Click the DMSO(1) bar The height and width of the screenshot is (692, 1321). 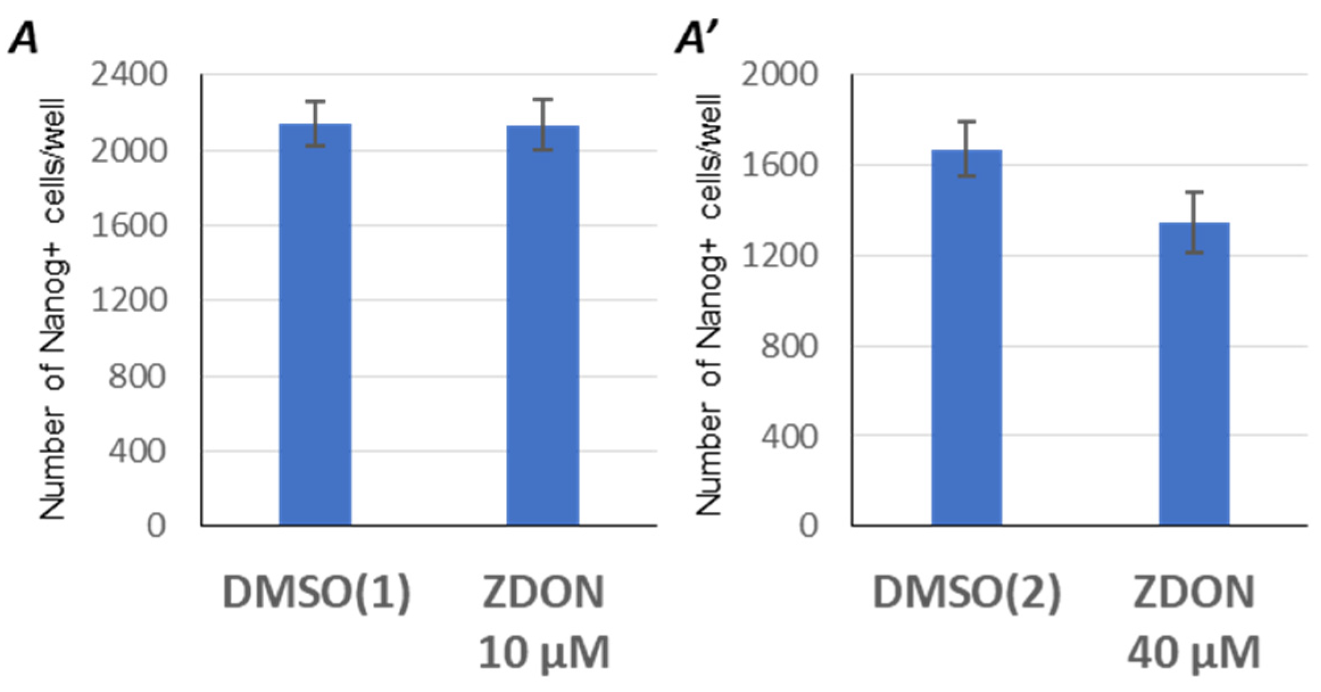click(315, 324)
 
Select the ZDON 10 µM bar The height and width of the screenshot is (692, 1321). click(543, 325)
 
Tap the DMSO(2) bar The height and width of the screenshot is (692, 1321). click(966, 337)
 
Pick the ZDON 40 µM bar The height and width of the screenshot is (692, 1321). click(1194, 374)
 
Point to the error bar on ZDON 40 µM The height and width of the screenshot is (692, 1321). click(1194, 222)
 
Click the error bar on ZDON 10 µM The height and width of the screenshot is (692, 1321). click(543, 125)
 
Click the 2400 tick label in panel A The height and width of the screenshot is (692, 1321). click(129, 75)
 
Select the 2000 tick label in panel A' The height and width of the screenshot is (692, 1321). click(779, 75)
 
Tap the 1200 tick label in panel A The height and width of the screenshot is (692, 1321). click(129, 300)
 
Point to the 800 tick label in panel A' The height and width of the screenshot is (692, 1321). click(788, 346)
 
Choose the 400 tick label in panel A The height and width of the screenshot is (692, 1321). click(137, 451)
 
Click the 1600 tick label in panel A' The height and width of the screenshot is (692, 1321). click(779, 165)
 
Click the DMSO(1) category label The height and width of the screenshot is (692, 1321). click(316, 593)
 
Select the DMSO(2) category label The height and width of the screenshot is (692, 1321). click(966, 593)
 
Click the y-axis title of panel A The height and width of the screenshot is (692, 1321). click(52, 310)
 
